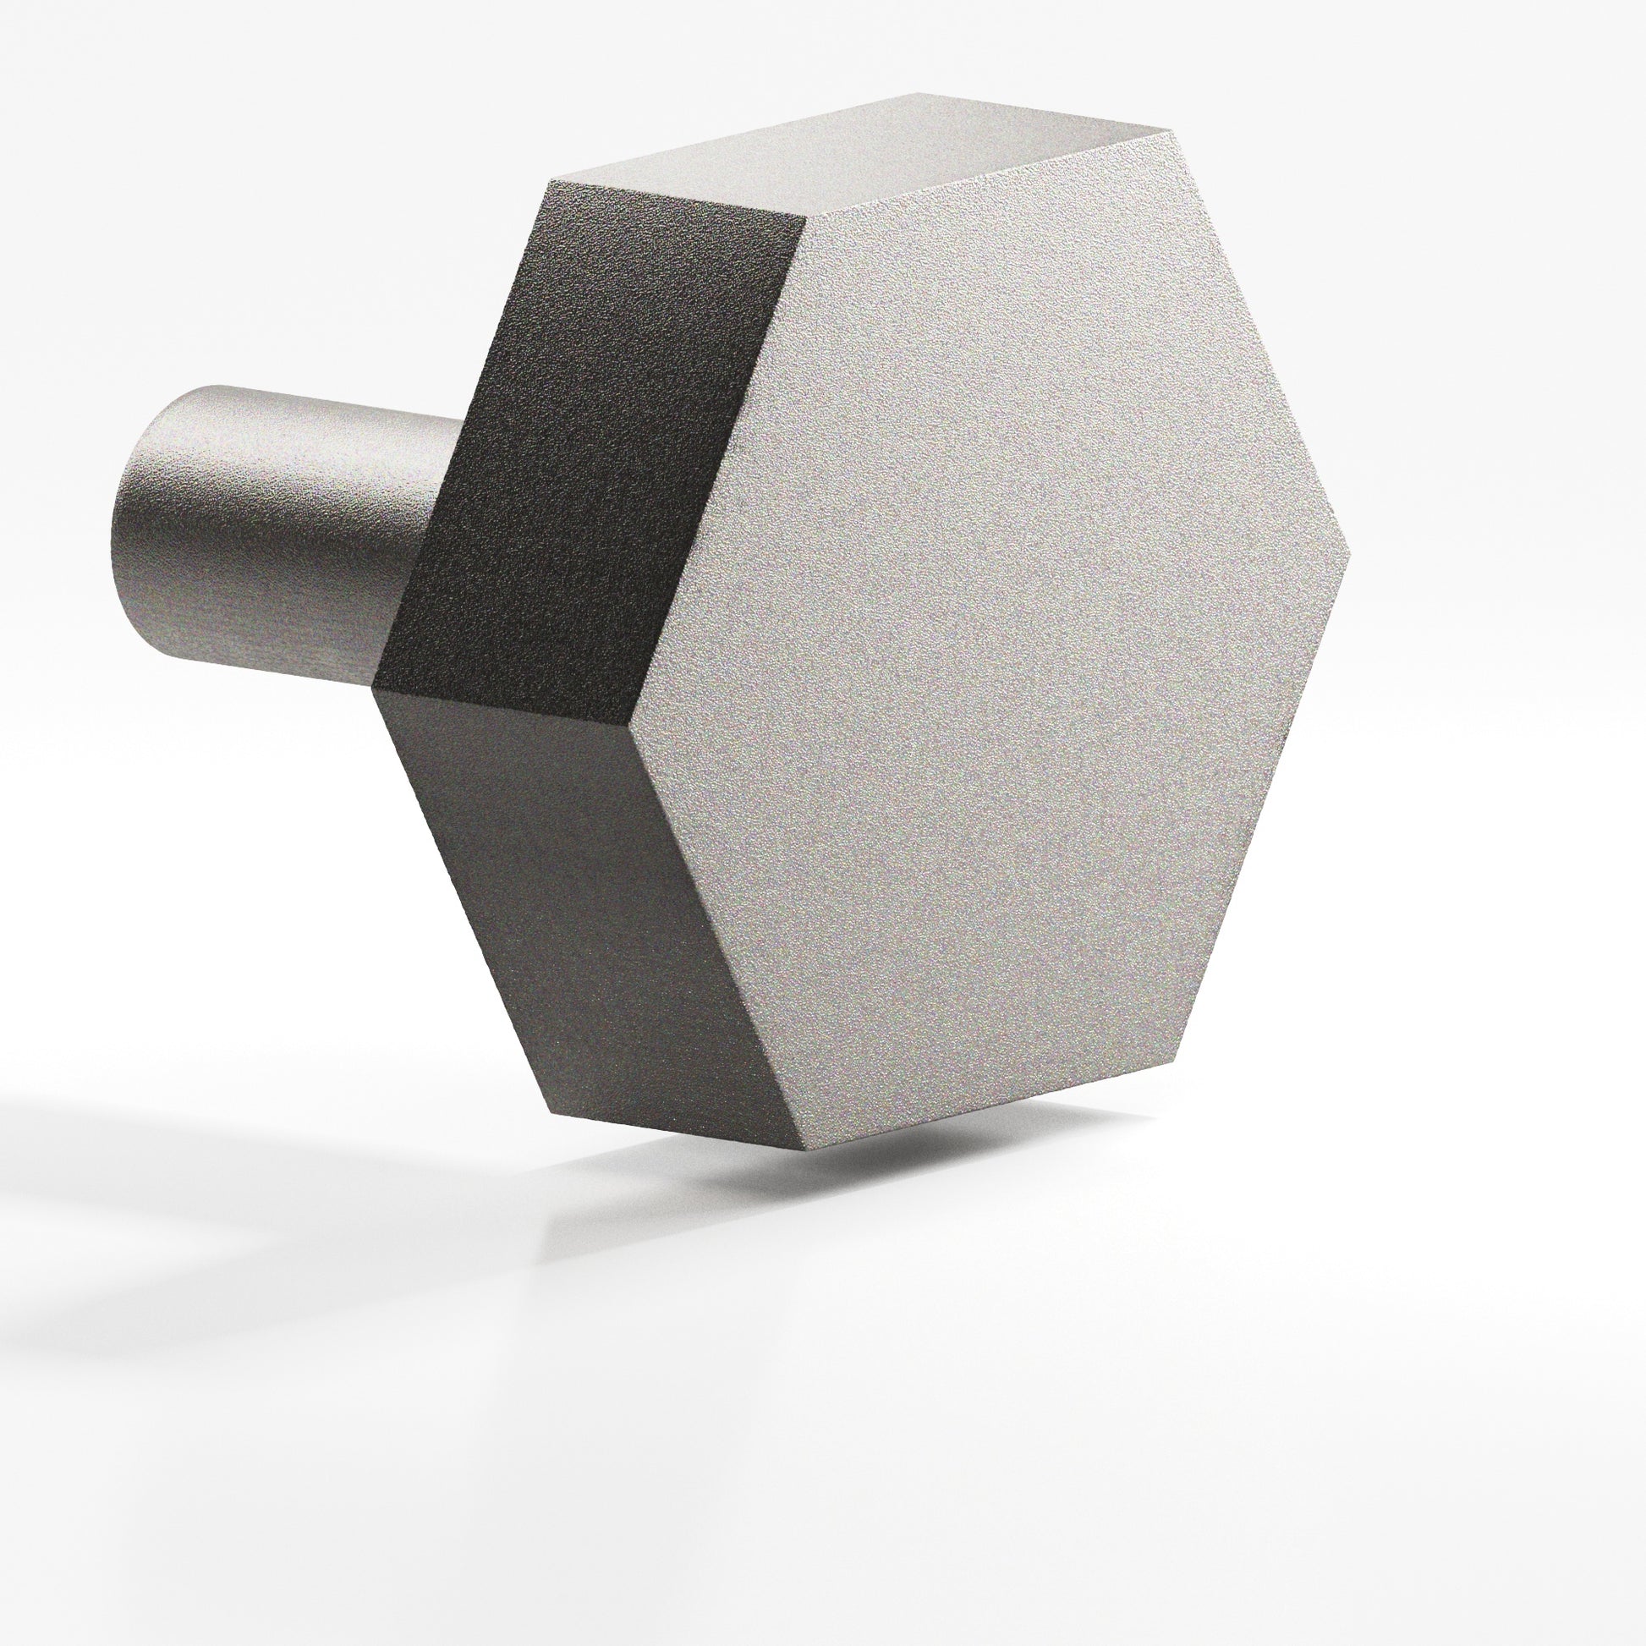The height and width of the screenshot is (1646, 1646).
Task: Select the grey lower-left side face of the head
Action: pos(579,903)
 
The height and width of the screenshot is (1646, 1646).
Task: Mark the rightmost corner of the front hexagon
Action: pos(1351,554)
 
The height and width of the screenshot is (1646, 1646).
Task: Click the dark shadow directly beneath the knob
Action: pos(852,1184)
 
